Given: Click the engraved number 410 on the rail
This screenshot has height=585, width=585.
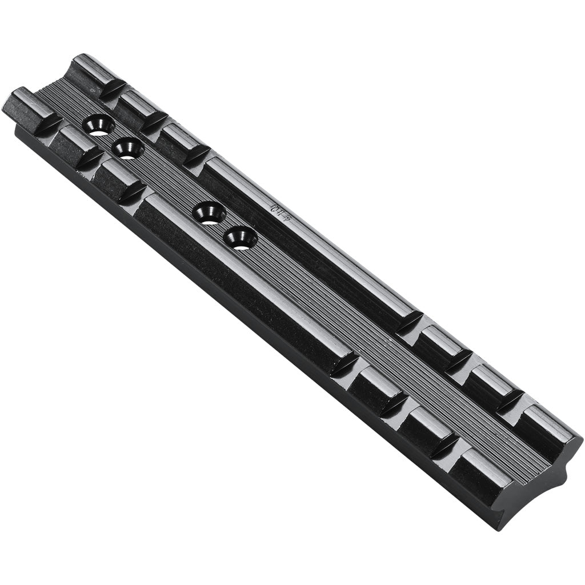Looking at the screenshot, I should click(x=279, y=212).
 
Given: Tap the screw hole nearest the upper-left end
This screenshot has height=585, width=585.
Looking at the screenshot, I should click(x=99, y=125).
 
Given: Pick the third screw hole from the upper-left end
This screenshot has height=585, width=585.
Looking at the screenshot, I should click(x=209, y=213).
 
